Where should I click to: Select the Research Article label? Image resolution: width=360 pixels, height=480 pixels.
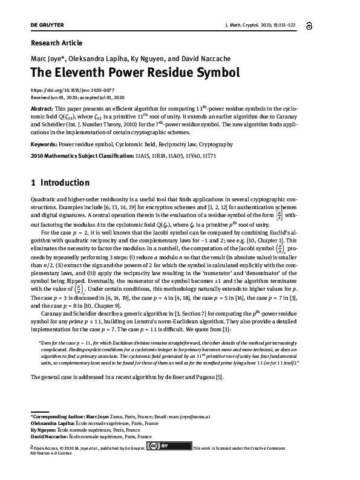point(56,43)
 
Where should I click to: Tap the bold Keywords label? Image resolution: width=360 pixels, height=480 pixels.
point(44,145)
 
